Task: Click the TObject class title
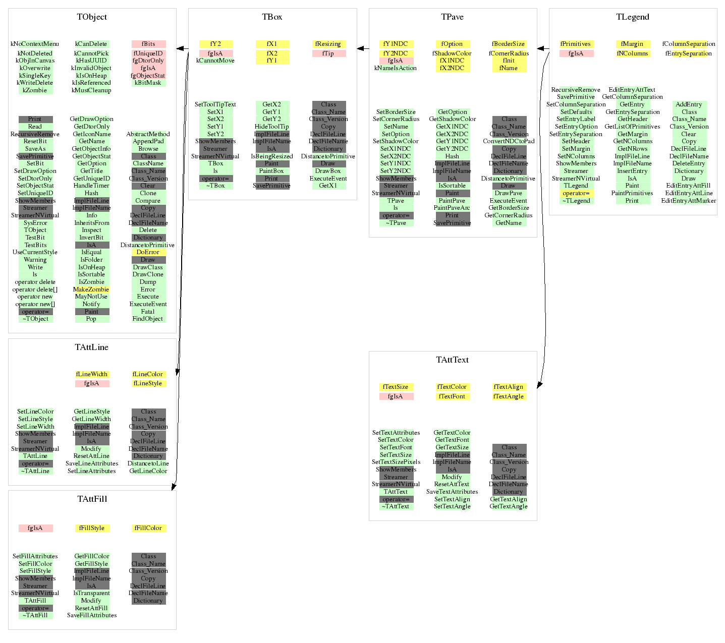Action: [92, 17]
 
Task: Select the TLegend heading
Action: [633, 17]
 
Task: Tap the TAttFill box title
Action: [92, 499]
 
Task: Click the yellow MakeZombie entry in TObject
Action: [91, 289]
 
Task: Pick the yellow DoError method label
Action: [148, 252]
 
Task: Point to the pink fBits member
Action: [148, 44]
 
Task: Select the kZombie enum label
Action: [35, 90]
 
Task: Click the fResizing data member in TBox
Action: [328, 44]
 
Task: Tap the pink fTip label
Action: [328, 53]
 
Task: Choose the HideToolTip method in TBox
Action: [272, 127]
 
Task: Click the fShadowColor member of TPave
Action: [452, 53]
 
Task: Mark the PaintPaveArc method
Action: [452, 208]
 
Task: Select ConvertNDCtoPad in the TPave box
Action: [509, 141]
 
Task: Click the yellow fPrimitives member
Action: [576, 44]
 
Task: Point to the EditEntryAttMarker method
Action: [689, 201]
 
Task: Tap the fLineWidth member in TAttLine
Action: [92, 374]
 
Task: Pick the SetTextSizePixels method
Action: [396, 462]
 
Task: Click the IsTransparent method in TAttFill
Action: [92, 593]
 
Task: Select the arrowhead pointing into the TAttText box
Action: [539, 385]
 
